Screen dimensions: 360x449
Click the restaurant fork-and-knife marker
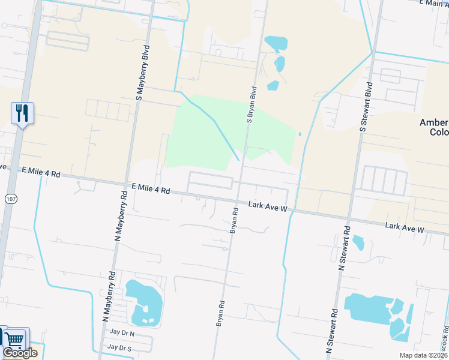[22, 112]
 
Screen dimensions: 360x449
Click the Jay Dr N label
[122, 332]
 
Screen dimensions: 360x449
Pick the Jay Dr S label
[119, 348]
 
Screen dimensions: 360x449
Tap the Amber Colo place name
[433, 127]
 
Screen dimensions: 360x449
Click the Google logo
[20, 353]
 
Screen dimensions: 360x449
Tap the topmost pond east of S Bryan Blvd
[276, 43]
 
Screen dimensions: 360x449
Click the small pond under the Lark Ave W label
[358, 242]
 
